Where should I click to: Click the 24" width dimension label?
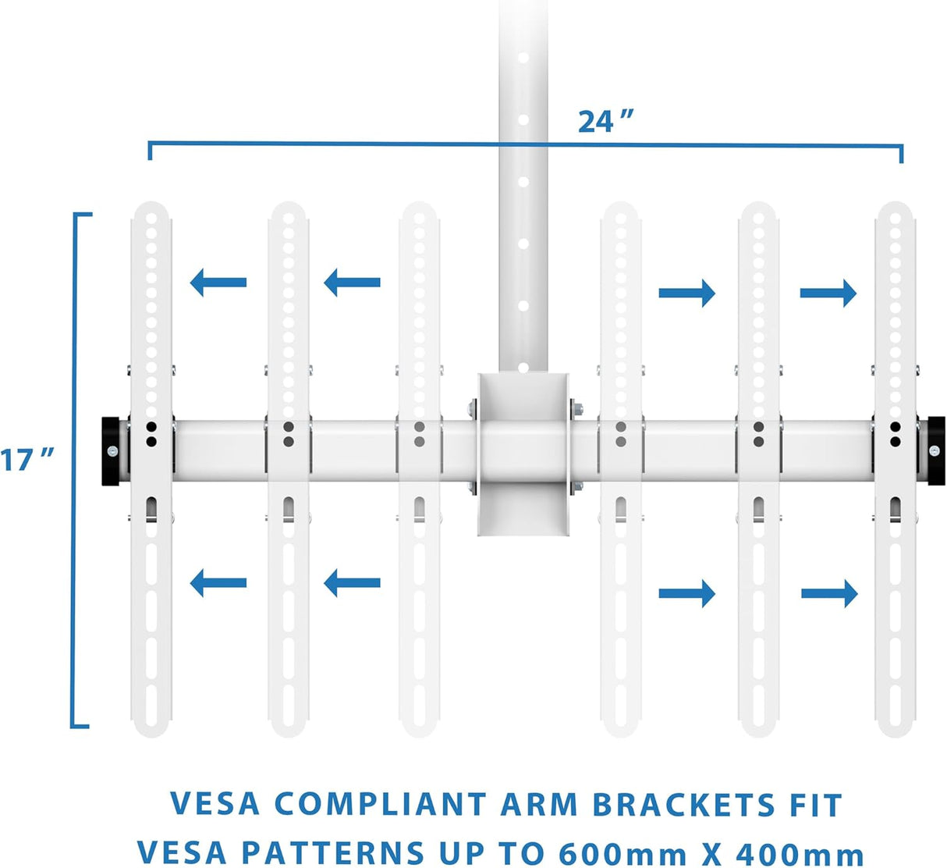pos(605,122)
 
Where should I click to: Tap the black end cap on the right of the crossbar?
pos(932,451)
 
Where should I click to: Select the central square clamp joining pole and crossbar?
pos(523,453)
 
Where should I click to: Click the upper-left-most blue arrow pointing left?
pos(218,282)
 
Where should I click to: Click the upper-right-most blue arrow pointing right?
pos(828,293)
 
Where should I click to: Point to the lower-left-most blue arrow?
pos(218,582)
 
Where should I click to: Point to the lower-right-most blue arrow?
pos(829,594)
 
